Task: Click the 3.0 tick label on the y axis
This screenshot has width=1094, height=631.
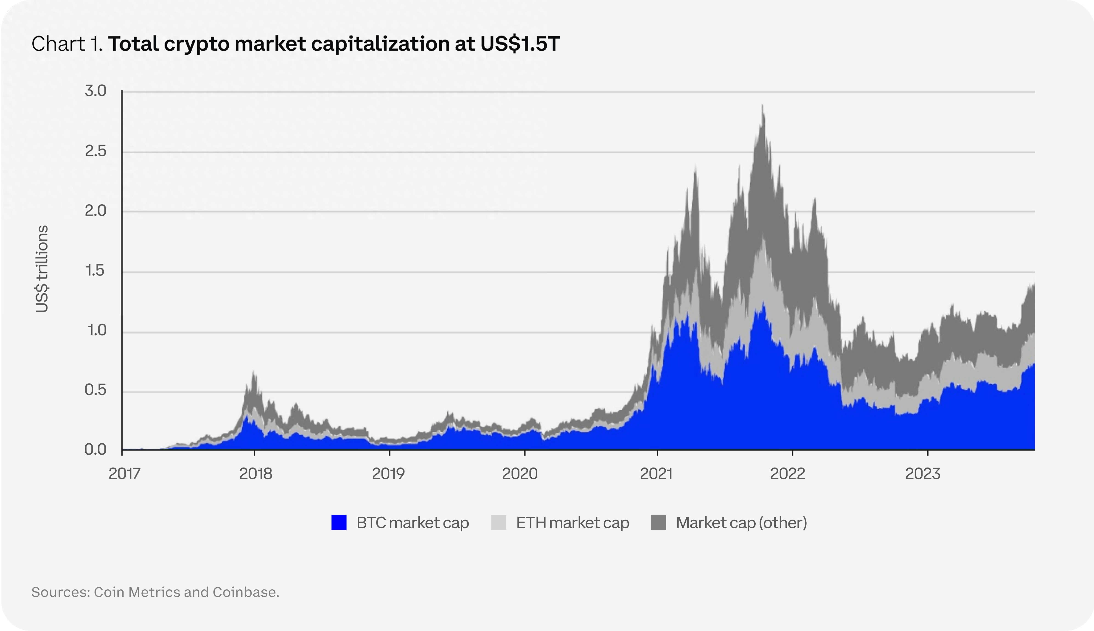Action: click(95, 91)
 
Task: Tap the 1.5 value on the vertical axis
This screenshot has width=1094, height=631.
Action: click(95, 271)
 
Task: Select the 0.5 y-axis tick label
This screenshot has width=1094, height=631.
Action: click(95, 390)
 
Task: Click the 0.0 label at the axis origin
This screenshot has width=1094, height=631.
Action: click(95, 450)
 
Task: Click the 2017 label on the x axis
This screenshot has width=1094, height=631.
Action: click(124, 474)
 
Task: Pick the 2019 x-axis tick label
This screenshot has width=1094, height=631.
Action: click(388, 474)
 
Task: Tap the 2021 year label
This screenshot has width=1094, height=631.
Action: click(656, 474)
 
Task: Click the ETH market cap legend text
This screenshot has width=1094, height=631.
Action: click(572, 523)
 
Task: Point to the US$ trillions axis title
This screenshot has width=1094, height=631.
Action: click(42, 269)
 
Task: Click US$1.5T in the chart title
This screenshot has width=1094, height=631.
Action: click(520, 44)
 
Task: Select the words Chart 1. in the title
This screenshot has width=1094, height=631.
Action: click(67, 44)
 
